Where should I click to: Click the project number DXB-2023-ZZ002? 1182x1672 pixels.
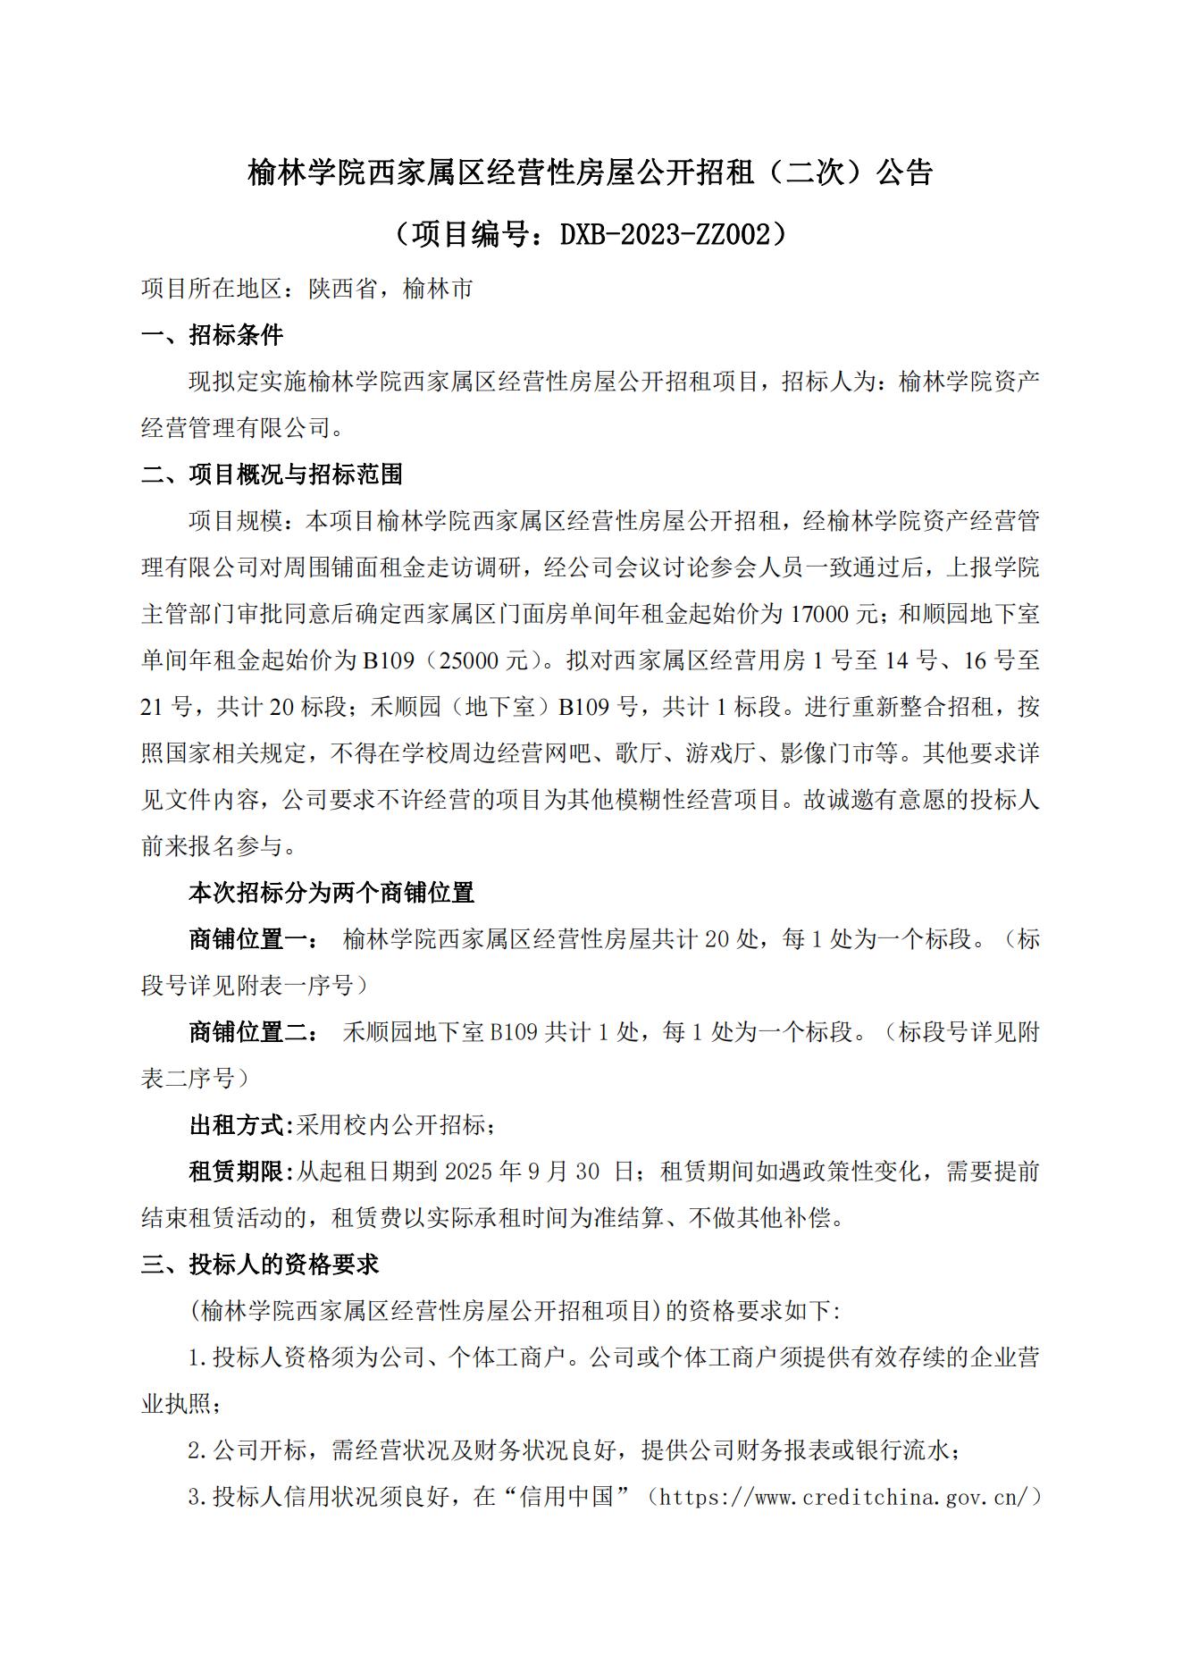point(665,234)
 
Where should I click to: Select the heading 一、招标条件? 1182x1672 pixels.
point(213,335)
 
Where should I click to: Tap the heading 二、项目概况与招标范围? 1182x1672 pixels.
point(272,474)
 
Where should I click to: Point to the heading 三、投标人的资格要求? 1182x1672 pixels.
point(260,1264)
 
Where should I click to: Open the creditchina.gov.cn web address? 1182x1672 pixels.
point(844,1497)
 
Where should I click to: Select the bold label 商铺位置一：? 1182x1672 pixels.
point(253,939)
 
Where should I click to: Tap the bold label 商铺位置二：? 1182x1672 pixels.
point(253,1032)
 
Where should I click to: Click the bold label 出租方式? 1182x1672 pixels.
point(236,1125)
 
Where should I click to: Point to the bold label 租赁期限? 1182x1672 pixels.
point(236,1172)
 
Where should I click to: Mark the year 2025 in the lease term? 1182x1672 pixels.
point(468,1172)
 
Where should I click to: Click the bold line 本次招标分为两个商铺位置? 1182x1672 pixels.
point(331,893)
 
